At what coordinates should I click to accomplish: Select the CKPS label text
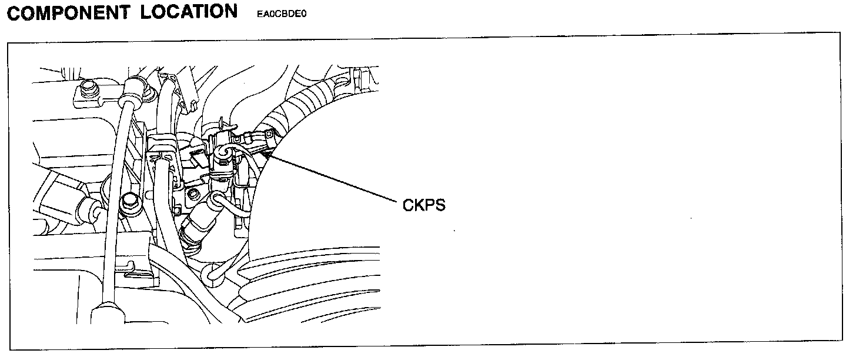(424, 206)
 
